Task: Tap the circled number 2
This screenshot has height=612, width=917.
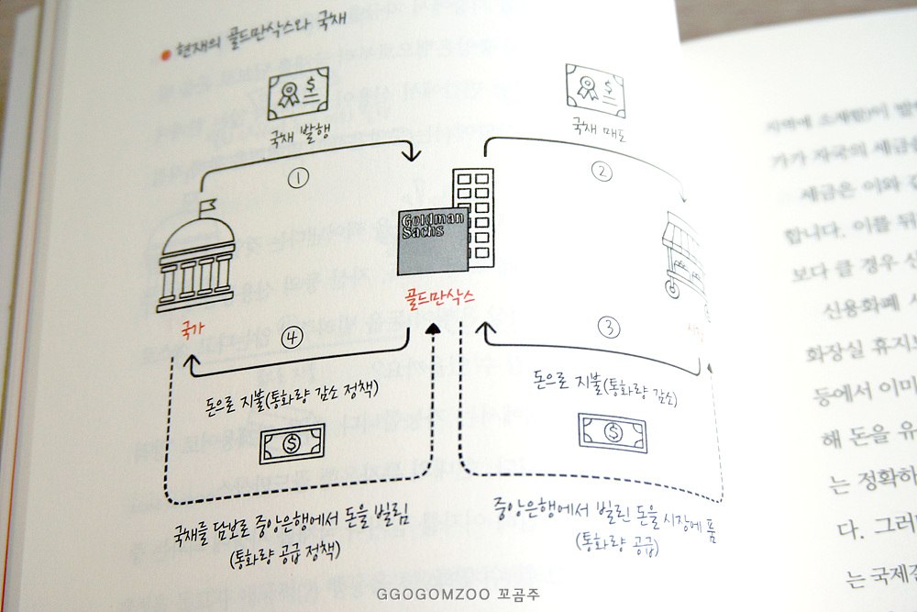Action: [x=602, y=170]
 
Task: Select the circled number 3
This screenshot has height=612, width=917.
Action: [x=609, y=326]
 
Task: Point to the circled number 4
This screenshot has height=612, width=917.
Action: [x=293, y=337]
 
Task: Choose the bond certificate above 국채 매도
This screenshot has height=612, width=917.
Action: [x=597, y=89]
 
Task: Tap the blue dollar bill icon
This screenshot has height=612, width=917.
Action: [x=613, y=429]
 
